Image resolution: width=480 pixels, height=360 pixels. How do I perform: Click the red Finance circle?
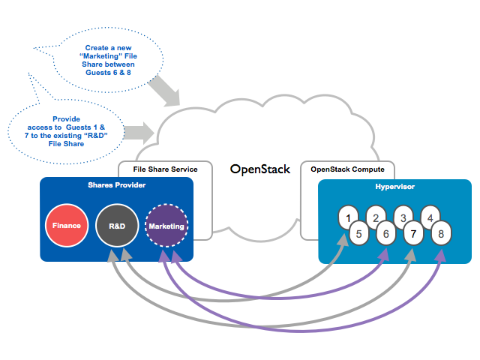(x=67, y=226)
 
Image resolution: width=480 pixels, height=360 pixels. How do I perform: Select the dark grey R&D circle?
(x=117, y=226)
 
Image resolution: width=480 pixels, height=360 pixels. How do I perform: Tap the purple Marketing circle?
(x=166, y=226)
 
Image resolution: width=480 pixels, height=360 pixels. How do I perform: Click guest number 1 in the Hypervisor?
(x=349, y=218)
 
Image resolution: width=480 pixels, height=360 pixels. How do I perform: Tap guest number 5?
(x=359, y=233)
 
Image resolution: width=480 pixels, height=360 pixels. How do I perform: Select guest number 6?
(x=386, y=233)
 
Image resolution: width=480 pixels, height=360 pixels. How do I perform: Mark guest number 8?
(x=440, y=233)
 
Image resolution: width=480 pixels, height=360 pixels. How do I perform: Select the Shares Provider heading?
(x=116, y=185)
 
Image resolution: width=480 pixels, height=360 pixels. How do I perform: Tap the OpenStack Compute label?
(x=347, y=169)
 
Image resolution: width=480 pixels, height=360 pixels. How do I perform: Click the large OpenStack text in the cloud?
(x=259, y=169)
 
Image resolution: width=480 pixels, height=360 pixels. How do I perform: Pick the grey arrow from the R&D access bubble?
(x=136, y=133)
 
